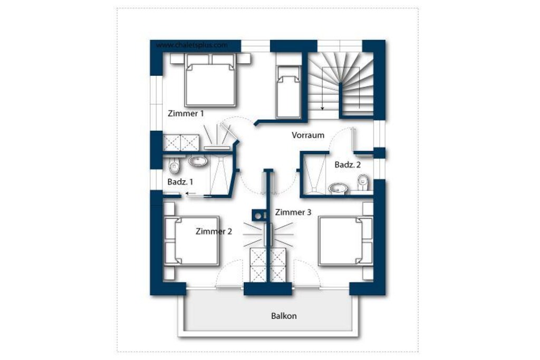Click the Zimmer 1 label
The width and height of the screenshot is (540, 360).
(x=186, y=113)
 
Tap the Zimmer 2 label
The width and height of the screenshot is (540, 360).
(x=214, y=231)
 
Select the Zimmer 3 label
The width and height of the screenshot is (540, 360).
(x=293, y=212)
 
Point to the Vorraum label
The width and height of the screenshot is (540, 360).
(x=308, y=135)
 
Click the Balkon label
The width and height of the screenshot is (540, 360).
(x=284, y=316)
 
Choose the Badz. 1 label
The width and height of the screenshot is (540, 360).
(x=180, y=182)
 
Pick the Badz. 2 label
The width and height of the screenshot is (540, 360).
(x=348, y=165)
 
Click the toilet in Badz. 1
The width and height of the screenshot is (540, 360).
(x=175, y=166)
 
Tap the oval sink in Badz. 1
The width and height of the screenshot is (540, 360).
(x=198, y=161)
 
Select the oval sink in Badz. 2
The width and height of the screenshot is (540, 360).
(x=339, y=188)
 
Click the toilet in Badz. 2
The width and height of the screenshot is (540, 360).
(x=363, y=182)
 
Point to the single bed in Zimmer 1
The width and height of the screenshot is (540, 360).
(x=288, y=92)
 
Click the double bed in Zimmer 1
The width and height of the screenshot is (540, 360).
(x=210, y=80)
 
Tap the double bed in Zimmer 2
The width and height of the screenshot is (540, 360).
(x=192, y=241)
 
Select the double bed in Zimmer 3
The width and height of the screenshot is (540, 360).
(x=345, y=241)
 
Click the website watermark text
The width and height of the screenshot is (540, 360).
(x=192, y=45)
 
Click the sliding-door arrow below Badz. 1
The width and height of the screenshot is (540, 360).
(x=191, y=193)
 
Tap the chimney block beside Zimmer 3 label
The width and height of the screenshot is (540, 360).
(x=258, y=216)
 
